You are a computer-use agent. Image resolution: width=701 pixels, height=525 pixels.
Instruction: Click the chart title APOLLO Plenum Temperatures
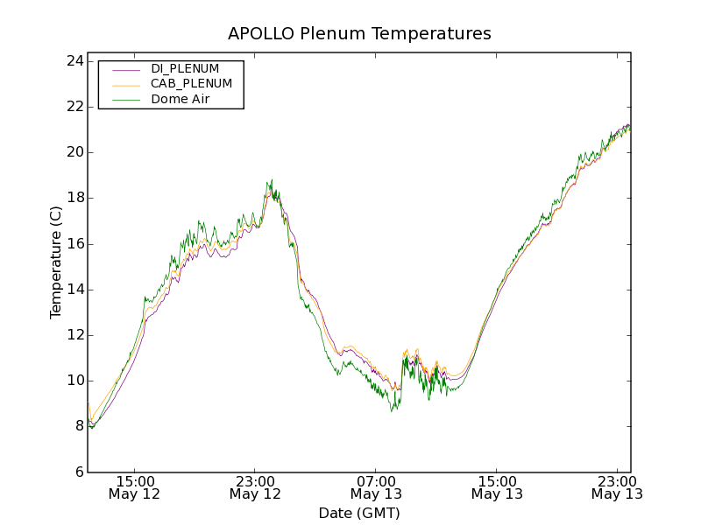[x=359, y=34]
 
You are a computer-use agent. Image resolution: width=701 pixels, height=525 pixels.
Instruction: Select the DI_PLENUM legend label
[x=185, y=68]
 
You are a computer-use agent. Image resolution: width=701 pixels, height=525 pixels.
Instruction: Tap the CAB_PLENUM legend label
[x=191, y=84]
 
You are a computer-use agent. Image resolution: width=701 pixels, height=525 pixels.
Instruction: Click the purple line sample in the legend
[x=126, y=69]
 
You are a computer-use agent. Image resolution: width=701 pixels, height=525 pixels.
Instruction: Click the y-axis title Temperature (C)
[x=56, y=262]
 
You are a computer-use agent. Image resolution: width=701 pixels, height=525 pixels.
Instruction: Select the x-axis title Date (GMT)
[x=359, y=513]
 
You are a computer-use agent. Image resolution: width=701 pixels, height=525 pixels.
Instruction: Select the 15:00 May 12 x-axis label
[x=135, y=487]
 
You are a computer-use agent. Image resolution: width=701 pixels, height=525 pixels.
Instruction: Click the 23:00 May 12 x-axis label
[x=255, y=487]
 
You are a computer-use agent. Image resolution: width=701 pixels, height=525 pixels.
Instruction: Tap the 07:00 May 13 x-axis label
[x=376, y=487]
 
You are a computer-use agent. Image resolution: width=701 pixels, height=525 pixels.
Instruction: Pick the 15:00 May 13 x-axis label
[x=497, y=487]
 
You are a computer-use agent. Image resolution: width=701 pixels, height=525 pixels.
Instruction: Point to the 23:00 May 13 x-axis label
[x=617, y=487]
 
